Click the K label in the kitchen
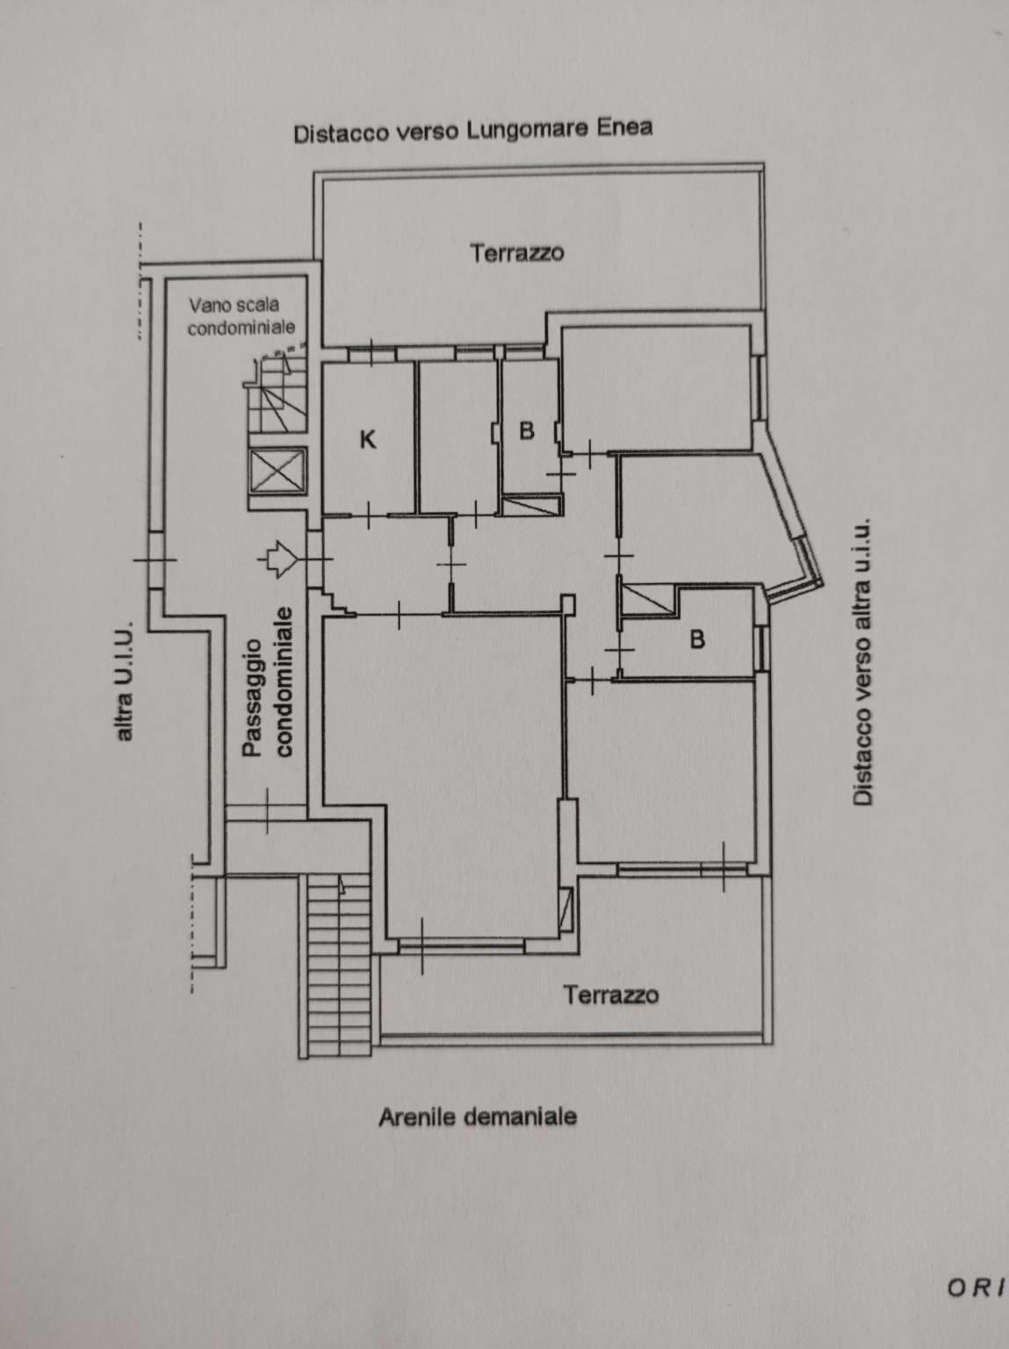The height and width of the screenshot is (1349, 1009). [367, 439]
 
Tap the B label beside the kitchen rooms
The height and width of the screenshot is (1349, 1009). [527, 431]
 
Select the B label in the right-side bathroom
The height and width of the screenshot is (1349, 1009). [697, 639]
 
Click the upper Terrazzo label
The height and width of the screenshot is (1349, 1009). [516, 253]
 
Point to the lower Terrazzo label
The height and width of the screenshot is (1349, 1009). [611, 994]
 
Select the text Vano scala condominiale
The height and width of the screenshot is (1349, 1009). [241, 316]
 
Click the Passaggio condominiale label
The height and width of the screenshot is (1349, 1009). [267, 682]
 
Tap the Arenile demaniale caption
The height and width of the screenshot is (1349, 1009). [478, 1116]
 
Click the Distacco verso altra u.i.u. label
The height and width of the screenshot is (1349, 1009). [861, 661]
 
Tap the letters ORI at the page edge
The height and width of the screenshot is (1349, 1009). [977, 1266]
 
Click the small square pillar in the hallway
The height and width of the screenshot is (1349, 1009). [569, 602]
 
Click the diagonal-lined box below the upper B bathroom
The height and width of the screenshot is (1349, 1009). [531, 505]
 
